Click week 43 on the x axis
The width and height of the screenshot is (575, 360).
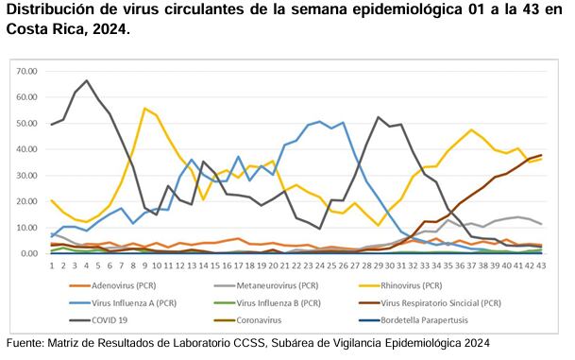(539, 265)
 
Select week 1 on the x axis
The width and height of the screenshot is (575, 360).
(51, 265)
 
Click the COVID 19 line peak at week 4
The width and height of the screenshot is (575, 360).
(87, 80)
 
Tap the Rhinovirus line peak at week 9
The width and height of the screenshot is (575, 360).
(145, 109)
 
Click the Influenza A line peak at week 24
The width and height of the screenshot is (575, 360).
(319, 122)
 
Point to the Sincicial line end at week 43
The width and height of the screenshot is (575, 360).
(540, 155)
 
